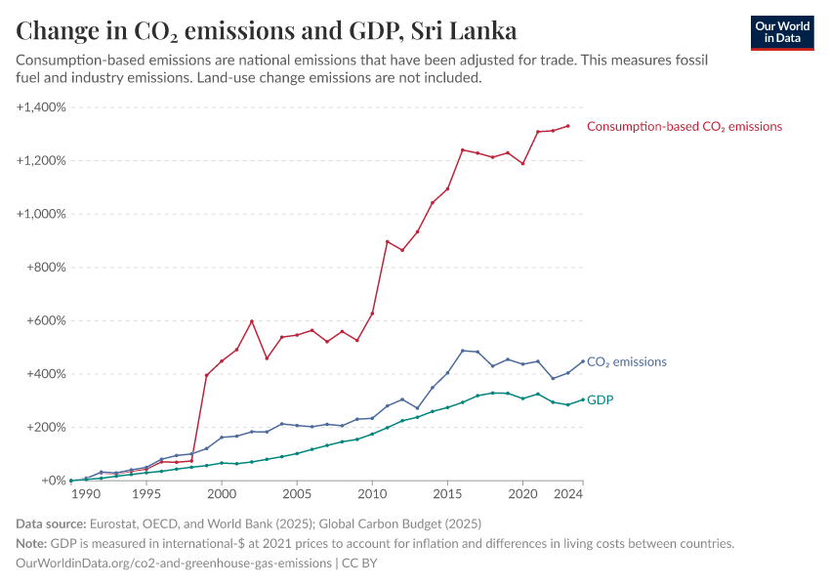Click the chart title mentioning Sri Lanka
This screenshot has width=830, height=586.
point(267,30)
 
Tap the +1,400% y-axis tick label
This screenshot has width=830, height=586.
point(41,106)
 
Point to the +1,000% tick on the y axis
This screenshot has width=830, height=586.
point(41,214)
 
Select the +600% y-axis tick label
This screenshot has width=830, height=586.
point(45,320)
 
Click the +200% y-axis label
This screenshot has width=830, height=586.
point(45,427)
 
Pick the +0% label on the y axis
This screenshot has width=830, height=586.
point(53,481)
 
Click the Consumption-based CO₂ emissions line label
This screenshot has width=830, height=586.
point(684,126)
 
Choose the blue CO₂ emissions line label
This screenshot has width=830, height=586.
point(626,361)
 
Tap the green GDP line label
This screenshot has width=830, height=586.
point(600,399)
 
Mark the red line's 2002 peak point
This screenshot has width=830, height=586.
point(252,320)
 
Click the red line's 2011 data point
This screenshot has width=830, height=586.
point(388,241)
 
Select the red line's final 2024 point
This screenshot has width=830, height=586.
point(568,125)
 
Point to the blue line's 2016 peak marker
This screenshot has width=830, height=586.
point(463,351)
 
